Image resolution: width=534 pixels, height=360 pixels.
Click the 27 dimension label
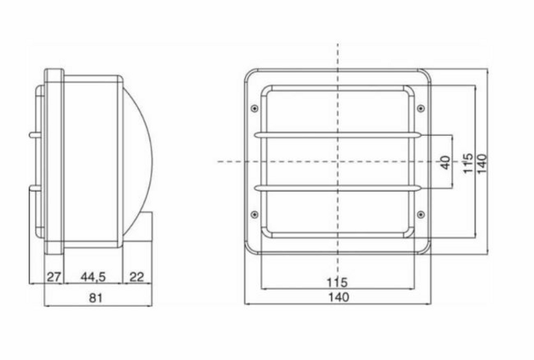(53, 277)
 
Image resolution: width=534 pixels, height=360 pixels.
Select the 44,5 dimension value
(93, 277)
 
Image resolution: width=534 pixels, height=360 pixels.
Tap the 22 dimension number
(137, 277)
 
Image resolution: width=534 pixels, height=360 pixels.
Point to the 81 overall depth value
(95, 297)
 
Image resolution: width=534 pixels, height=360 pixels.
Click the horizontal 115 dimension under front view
(337, 282)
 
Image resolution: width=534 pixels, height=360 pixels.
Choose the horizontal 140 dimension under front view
(339, 297)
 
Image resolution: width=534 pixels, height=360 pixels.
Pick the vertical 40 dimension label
(445, 162)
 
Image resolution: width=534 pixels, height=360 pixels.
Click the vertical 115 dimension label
(468, 163)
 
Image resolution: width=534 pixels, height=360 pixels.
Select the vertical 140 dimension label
(482, 164)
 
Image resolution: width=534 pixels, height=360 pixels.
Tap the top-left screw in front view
(254, 108)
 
